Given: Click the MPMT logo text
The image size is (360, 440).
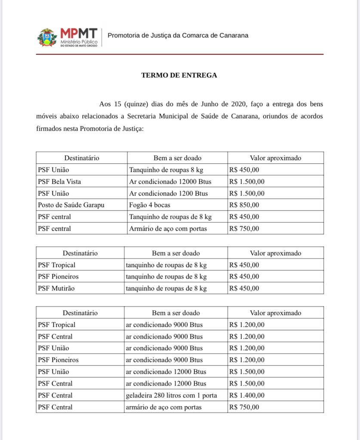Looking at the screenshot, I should (79, 34).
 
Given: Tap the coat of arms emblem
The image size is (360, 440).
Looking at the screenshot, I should (47, 37).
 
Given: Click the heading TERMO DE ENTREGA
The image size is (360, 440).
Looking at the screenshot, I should (179, 75).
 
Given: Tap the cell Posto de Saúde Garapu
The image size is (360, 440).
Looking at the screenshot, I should (71, 205).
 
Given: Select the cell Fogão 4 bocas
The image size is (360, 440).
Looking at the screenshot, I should (150, 205).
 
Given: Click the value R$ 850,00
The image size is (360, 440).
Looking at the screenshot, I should (244, 205).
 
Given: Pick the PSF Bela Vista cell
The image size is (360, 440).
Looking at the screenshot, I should (59, 181).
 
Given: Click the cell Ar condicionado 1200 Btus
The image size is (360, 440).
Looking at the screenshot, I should (168, 193).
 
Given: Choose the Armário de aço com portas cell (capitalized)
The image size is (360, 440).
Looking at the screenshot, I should (168, 229).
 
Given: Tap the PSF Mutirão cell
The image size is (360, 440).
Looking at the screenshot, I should (56, 288).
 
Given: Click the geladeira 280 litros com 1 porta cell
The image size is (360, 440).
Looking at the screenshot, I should (171, 395).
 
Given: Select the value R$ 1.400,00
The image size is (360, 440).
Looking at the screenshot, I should (247, 395).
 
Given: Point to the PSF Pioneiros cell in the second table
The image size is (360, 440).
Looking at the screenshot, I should (58, 276).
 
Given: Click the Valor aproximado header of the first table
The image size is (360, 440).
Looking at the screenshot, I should (275, 158).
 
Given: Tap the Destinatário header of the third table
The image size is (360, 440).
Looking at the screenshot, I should (80, 313).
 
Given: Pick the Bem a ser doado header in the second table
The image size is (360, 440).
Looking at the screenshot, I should (175, 253).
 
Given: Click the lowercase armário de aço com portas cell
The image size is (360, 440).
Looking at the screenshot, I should (163, 407).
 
